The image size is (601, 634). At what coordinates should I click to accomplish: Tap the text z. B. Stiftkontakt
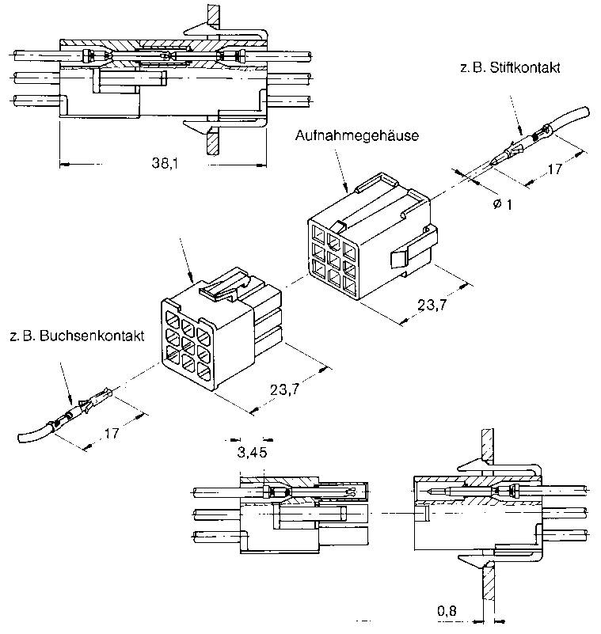[x=509, y=68]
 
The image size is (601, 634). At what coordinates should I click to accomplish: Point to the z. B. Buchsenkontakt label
[x=77, y=336]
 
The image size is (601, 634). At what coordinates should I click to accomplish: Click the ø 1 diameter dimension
[x=502, y=204]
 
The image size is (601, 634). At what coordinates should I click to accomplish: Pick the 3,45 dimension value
[x=250, y=454]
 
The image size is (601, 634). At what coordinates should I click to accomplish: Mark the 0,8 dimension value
[x=447, y=610]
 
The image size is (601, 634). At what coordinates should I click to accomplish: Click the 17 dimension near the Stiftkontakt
[x=554, y=169]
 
